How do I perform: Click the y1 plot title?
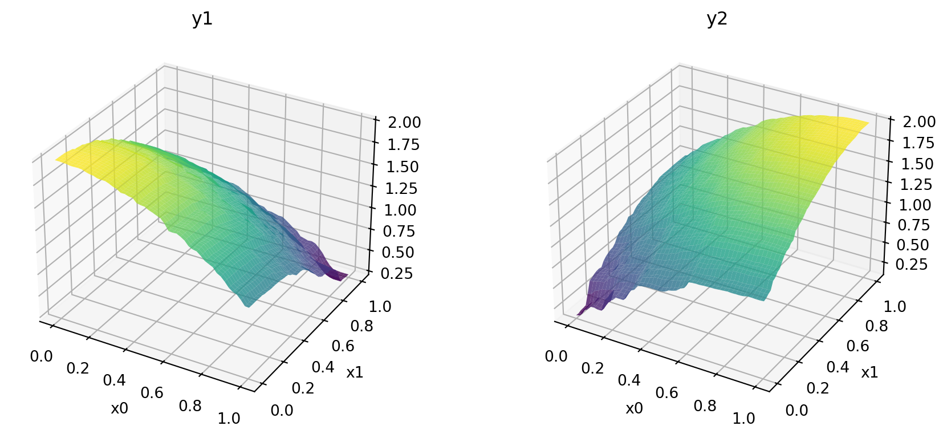(x=202, y=19)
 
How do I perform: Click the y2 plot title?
(x=717, y=19)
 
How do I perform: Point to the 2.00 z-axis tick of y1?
(x=404, y=123)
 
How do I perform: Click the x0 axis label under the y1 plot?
(x=120, y=408)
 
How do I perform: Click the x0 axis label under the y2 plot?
(x=635, y=408)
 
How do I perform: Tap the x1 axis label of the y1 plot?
(x=355, y=372)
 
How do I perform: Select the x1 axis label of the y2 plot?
(x=869, y=372)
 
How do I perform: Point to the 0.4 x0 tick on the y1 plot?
(x=114, y=380)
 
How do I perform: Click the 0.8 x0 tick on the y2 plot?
(x=705, y=405)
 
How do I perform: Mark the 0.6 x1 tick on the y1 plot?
(x=343, y=346)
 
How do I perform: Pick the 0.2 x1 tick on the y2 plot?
(x=818, y=388)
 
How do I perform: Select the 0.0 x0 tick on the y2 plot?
(x=556, y=356)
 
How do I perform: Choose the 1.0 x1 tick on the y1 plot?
(x=380, y=306)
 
